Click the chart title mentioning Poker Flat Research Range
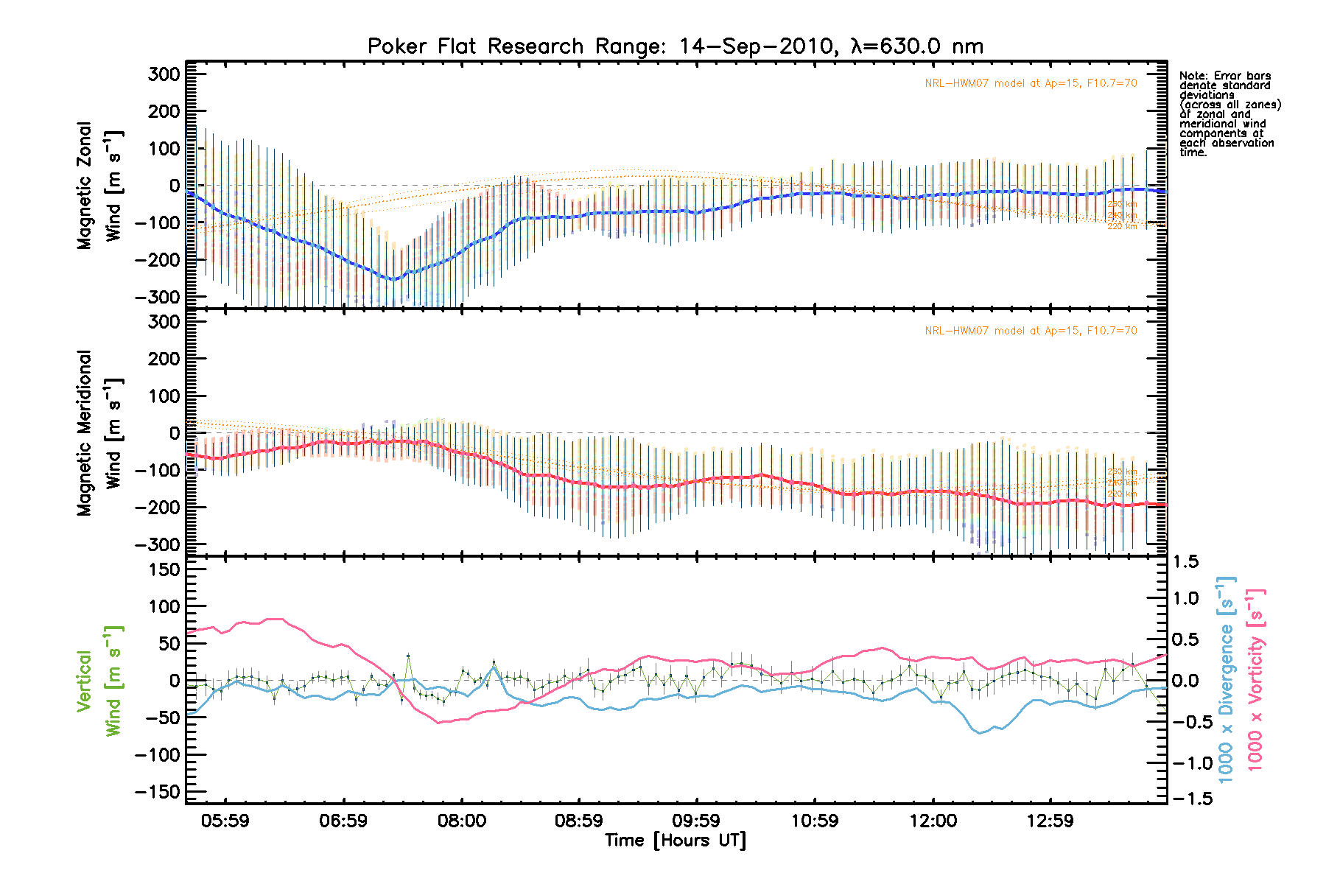(x=675, y=46)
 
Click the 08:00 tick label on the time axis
(x=461, y=821)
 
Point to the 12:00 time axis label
(x=933, y=821)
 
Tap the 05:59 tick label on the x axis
(x=225, y=821)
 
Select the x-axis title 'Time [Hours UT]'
(x=675, y=841)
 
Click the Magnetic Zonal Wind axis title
(x=99, y=186)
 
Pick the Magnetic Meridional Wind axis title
(x=99, y=433)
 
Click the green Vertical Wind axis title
(x=99, y=681)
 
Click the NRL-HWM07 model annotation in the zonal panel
(x=1031, y=83)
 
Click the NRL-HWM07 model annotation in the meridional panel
(x=1031, y=331)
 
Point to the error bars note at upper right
(x=1229, y=114)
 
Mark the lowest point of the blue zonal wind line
(x=393, y=280)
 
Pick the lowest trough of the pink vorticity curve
(x=438, y=723)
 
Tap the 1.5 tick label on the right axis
(x=1185, y=562)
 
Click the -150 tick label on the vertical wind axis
(x=157, y=792)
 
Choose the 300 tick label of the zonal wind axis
(x=164, y=74)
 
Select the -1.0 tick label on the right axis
(x=1188, y=763)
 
